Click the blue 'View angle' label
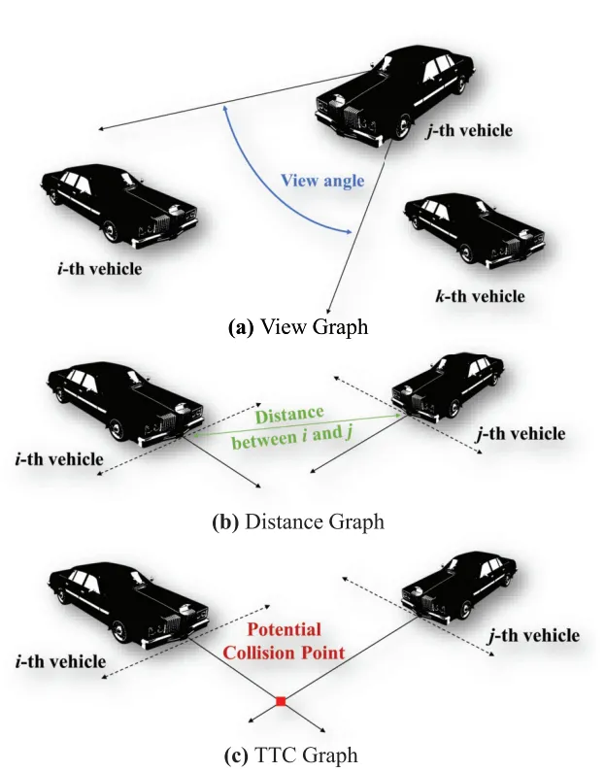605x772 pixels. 321,181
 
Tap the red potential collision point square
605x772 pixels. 281,700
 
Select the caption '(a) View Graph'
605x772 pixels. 297,327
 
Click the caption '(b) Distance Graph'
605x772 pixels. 297,521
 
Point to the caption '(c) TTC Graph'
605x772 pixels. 297,755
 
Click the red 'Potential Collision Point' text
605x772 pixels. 284,641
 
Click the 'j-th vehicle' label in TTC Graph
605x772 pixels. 532,636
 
